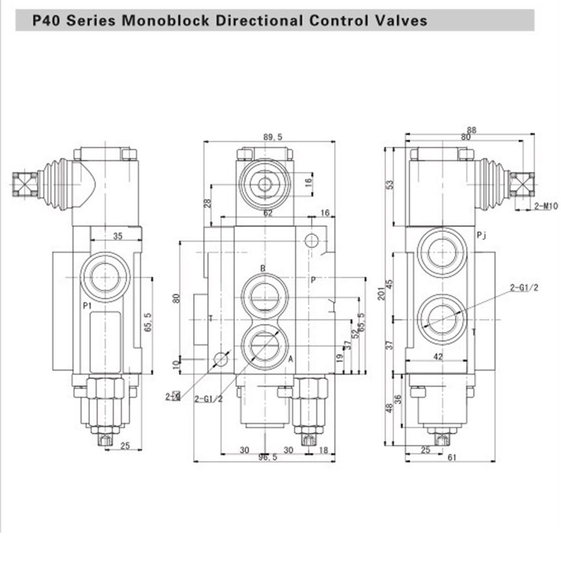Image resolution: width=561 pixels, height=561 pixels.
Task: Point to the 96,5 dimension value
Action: click(x=267, y=457)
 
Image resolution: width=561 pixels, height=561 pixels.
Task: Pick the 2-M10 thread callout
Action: click(x=546, y=206)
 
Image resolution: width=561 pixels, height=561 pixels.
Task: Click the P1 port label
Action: click(x=87, y=306)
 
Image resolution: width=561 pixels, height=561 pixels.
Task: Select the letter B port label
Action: click(x=263, y=268)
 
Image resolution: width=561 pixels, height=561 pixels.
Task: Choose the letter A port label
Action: click(x=290, y=359)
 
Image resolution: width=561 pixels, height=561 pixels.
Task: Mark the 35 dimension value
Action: click(x=118, y=237)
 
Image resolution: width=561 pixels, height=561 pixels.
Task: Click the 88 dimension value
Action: click(x=472, y=130)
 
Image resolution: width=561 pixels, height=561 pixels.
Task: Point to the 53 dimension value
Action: click(x=390, y=185)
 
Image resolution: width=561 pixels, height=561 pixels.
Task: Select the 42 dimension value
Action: click(x=438, y=356)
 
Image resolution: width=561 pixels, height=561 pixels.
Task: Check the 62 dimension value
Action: click(x=268, y=214)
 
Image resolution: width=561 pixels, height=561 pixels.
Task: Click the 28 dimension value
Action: click(x=207, y=204)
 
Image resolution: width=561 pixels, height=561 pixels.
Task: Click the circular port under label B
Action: click(x=265, y=296)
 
